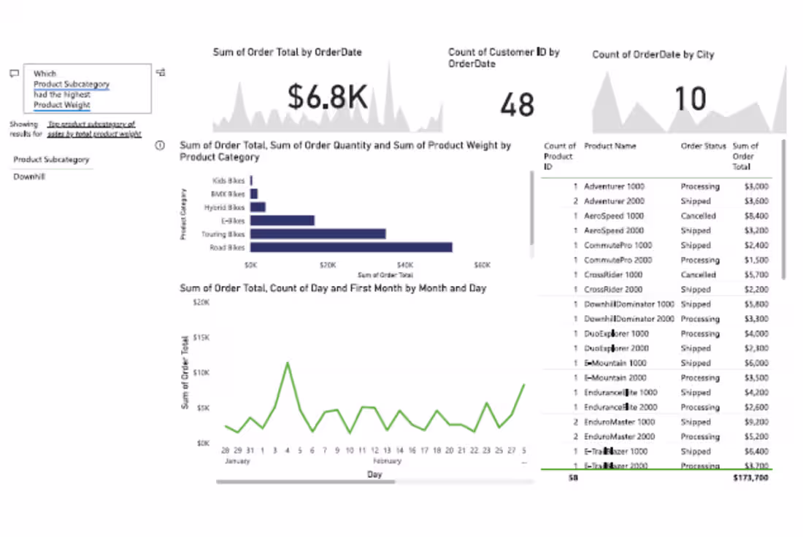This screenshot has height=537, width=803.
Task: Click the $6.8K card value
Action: click(327, 96)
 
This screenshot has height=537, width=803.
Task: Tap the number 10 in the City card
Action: click(689, 98)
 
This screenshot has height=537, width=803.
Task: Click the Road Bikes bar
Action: click(350, 247)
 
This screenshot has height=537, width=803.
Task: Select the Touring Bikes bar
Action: click(318, 233)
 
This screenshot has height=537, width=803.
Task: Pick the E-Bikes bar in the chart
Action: click(282, 220)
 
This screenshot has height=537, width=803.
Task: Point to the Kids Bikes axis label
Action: click(228, 180)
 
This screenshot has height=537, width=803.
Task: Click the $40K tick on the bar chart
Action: click(404, 265)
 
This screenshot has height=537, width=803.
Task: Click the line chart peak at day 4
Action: click(288, 363)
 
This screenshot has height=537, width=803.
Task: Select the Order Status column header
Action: click(703, 146)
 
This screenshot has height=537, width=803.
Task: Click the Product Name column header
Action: click(610, 146)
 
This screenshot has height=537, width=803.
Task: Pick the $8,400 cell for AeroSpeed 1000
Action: click(756, 216)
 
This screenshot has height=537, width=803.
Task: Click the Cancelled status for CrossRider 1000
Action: click(698, 275)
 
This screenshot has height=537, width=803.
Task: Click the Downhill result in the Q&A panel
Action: click(29, 177)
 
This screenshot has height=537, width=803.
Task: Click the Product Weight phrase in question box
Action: click(62, 105)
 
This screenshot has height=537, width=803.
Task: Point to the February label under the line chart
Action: click(387, 461)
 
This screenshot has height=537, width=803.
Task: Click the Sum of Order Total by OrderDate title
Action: click(287, 53)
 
